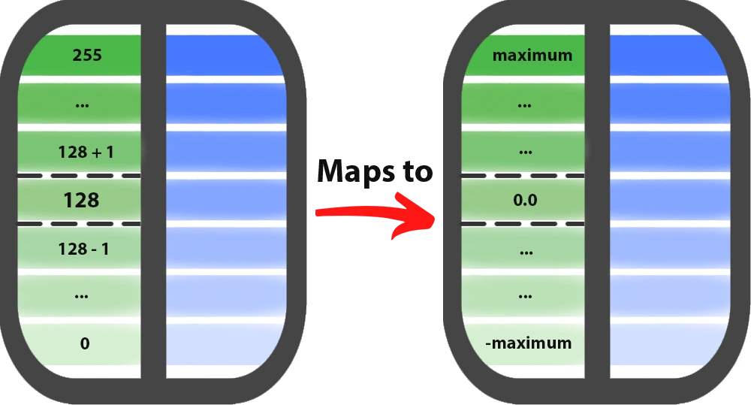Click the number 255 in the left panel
point(87,55)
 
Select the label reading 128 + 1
point(86,152)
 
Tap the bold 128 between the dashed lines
point(81,201)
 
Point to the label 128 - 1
point(83,249)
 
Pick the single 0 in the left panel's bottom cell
point(85,343)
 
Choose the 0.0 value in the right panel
point(526,201)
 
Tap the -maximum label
point(528,343)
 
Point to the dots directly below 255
point(83,104)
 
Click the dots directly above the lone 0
point(83,296)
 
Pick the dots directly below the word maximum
point(526,104)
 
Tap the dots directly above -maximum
point(526,296)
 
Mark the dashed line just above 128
point(80,176)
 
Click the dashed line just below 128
point(80,224)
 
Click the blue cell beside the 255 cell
point(225,55)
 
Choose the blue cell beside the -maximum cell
point(668,343)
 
